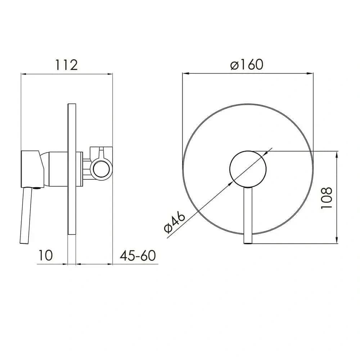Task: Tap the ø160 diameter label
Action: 247,64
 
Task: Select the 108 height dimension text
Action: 327,198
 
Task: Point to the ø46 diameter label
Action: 175,222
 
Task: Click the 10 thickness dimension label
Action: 45,255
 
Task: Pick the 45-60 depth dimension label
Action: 138,255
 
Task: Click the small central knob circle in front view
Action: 248,169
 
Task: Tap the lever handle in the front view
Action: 248,215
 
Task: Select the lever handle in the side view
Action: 25,215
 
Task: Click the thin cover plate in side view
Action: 72,169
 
